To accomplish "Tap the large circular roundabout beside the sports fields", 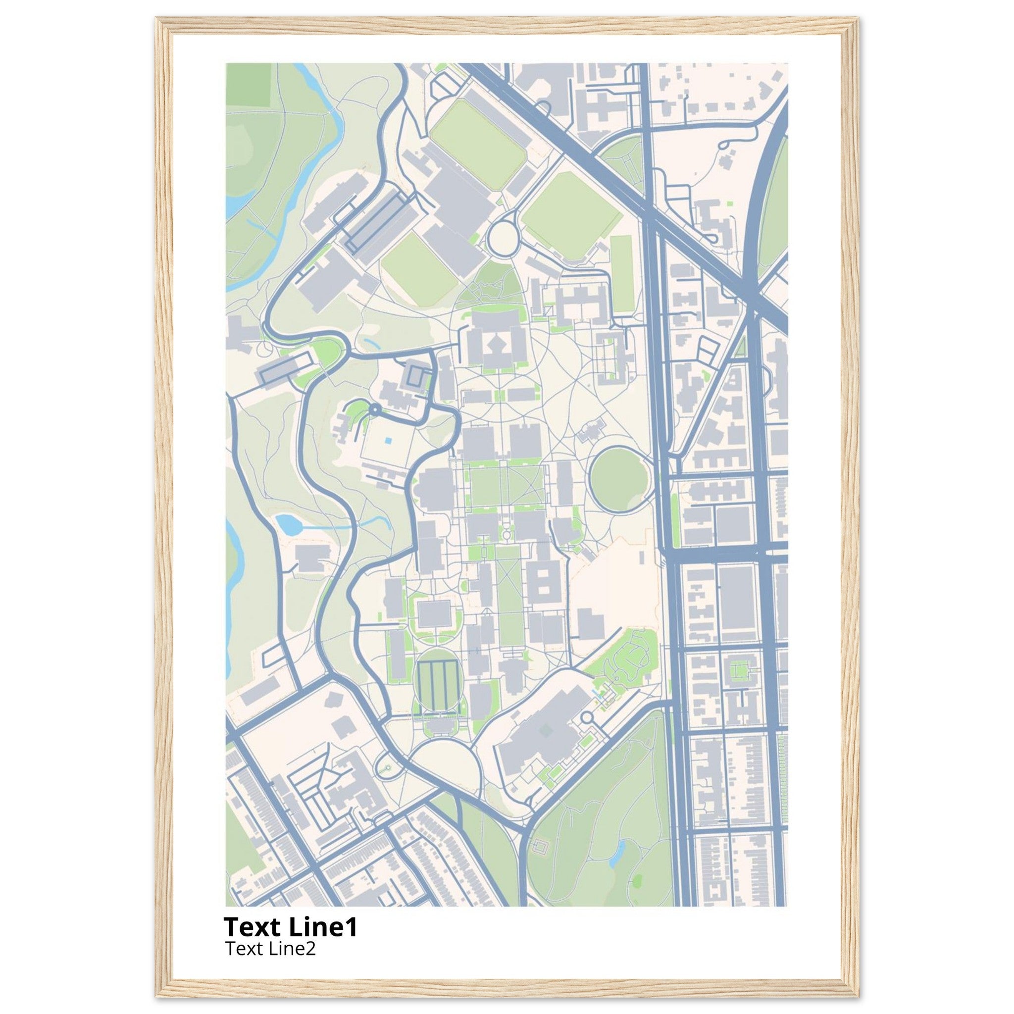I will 502,238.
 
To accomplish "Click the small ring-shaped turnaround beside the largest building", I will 586,717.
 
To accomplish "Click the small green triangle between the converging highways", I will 741,348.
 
